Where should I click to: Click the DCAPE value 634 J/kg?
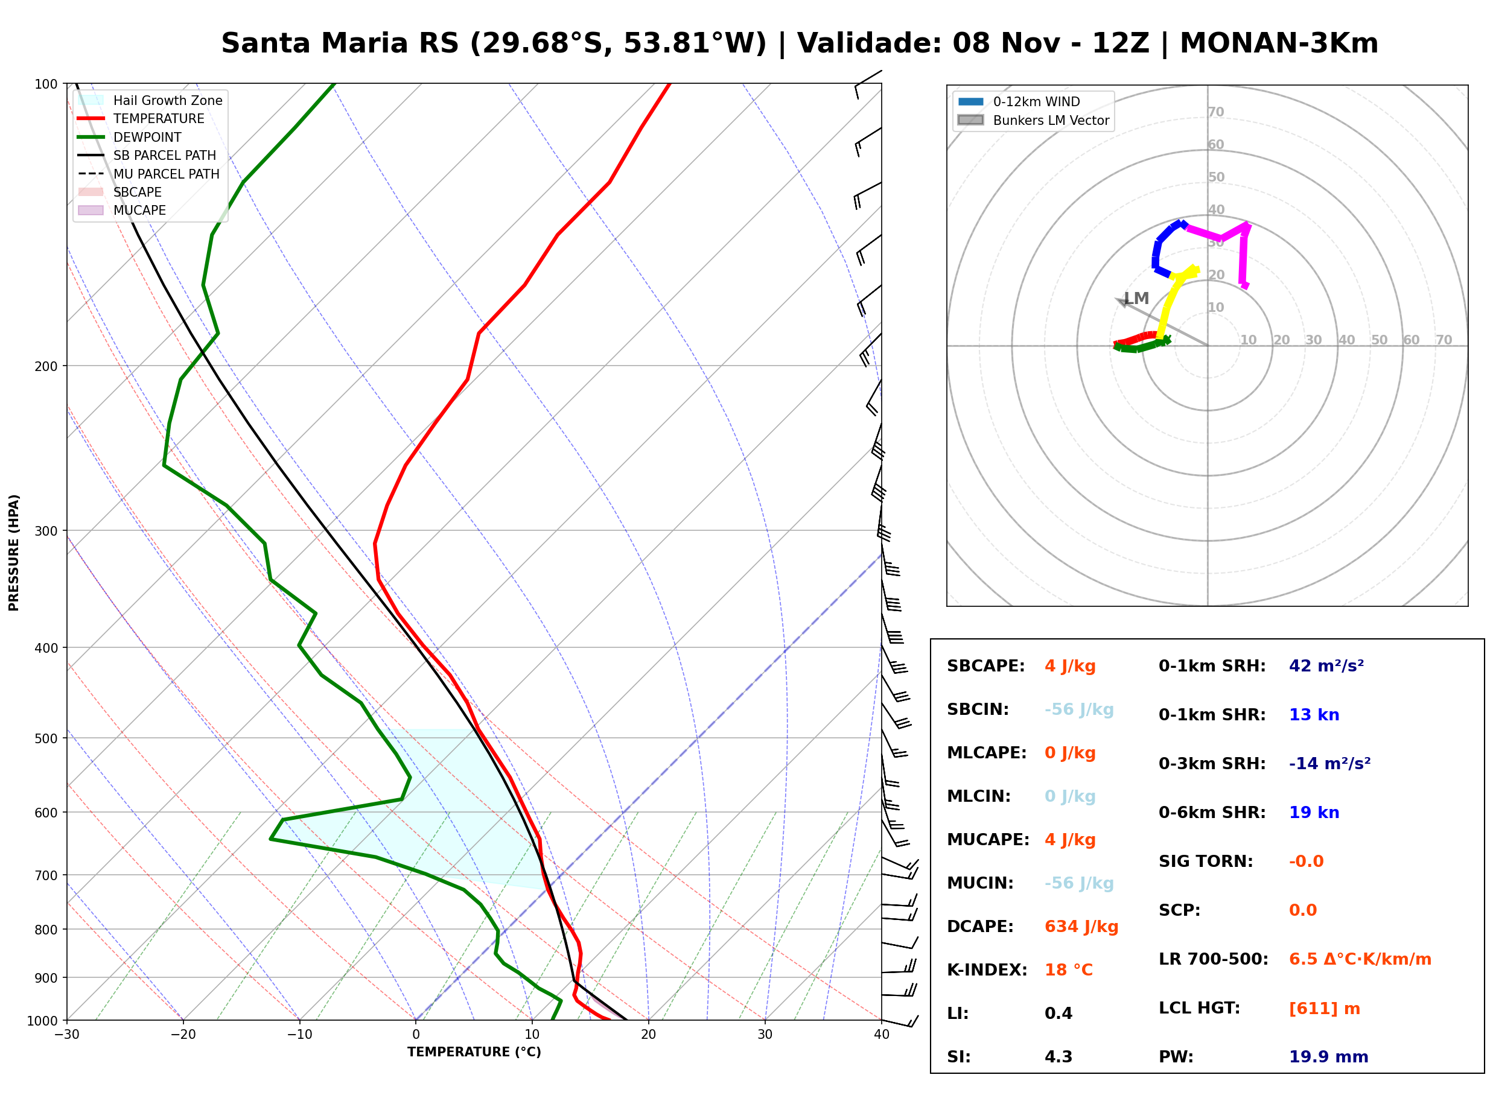point(1081,926)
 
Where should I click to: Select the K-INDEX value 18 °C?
point(1068,969)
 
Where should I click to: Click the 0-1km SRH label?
point(1212,665)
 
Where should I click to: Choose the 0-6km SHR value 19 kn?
point(1314,812)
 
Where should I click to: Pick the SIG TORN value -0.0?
point(1306,861)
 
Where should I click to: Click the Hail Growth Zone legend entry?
point(150,100)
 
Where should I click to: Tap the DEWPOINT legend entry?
point(130,137)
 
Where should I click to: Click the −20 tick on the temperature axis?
point(182,1035)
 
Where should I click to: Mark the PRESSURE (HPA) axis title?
point(14,552)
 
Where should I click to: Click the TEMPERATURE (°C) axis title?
point(474,1052)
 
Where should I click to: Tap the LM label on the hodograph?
point(1136,298)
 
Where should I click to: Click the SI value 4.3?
point(1058,1056)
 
